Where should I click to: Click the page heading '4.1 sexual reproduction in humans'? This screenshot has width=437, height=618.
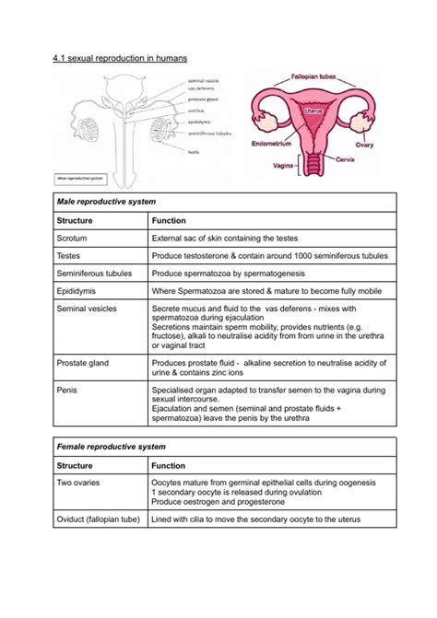click(x=120, y=58)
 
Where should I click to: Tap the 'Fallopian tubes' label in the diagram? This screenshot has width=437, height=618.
click(x=319, y=78)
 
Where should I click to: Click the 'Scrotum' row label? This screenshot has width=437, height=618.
click(x=72, y=238)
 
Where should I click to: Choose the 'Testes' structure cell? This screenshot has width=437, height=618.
click(x=69, y=255)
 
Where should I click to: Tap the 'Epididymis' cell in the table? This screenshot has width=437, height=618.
click(x=77, y=290)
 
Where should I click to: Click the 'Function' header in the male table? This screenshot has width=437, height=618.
click(x=169, y=220)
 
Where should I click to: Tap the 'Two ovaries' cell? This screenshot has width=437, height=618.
click(x=80, y=483)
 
